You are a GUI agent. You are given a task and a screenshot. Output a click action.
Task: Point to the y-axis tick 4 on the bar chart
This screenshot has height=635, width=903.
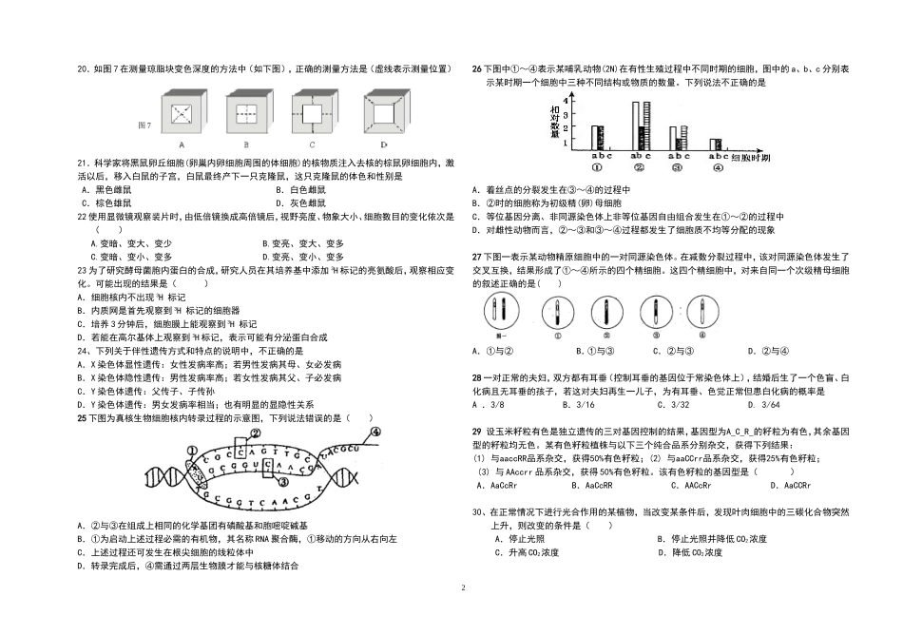[567, 100]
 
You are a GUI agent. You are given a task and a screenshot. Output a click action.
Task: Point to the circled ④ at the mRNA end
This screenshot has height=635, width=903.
[375, 432]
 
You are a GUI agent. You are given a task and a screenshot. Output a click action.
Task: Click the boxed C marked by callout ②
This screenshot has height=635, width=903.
[240, 451]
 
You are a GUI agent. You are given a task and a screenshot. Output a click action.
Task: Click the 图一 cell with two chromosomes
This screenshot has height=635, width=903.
[494, 309]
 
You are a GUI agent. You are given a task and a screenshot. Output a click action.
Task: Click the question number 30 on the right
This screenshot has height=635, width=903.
[478, 512]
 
